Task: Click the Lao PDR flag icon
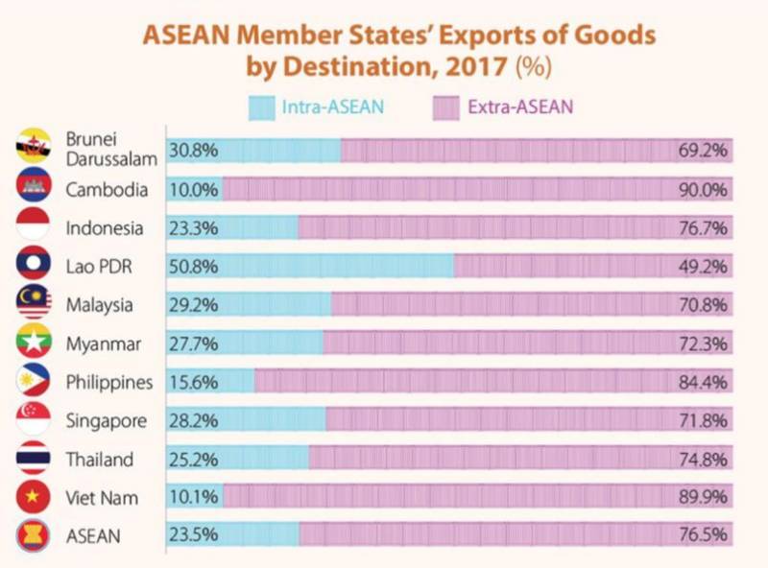(x=34, y=265)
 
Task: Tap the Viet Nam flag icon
(x=34, y=496)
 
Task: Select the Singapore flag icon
(x=34, y=419)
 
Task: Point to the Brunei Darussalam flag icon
(x=34, y=149)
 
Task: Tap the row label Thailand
(x=100, y=459)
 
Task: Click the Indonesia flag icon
(x=34, y=226)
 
